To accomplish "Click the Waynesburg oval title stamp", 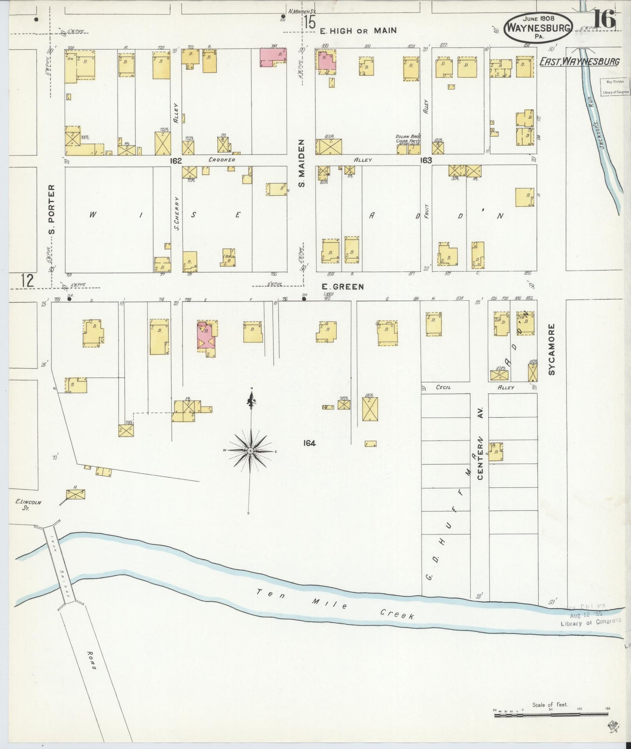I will [x=538, y=27].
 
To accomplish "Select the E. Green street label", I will [x=342, y=287].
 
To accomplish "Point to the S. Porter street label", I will [x=52, y=209].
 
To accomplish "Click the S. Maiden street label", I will [x=301, y=163].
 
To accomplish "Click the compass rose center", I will [x=250, y=451].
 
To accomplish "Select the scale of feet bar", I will [x=551, y=714].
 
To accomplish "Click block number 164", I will [x=309, y=443].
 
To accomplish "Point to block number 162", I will [x=176, y=161].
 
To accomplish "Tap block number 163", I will [x=426, y=160].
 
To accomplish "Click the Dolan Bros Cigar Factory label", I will [x=408, y=139].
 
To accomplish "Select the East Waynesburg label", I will [x=579, y=61].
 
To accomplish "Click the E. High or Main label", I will [x=358, y=31].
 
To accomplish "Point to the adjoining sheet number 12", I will [x=27, y=280].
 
